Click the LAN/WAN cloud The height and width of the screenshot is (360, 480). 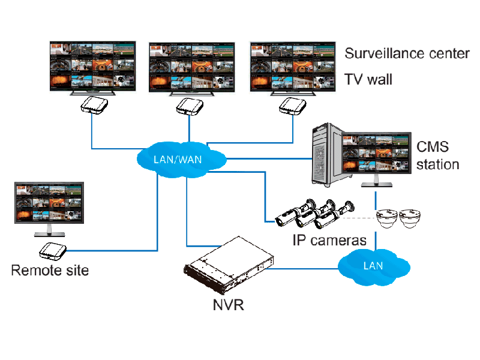click(181, 158)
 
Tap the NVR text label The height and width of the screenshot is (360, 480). click(228, 304)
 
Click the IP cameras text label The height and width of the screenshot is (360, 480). click(329, 241)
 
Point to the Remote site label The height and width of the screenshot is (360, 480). click(50, 270)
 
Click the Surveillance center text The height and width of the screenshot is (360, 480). click(407, 53)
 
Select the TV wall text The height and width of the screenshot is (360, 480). click(368, 79)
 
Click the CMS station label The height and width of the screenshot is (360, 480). click(438, 155)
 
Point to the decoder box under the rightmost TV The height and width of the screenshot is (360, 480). click(293, 106)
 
